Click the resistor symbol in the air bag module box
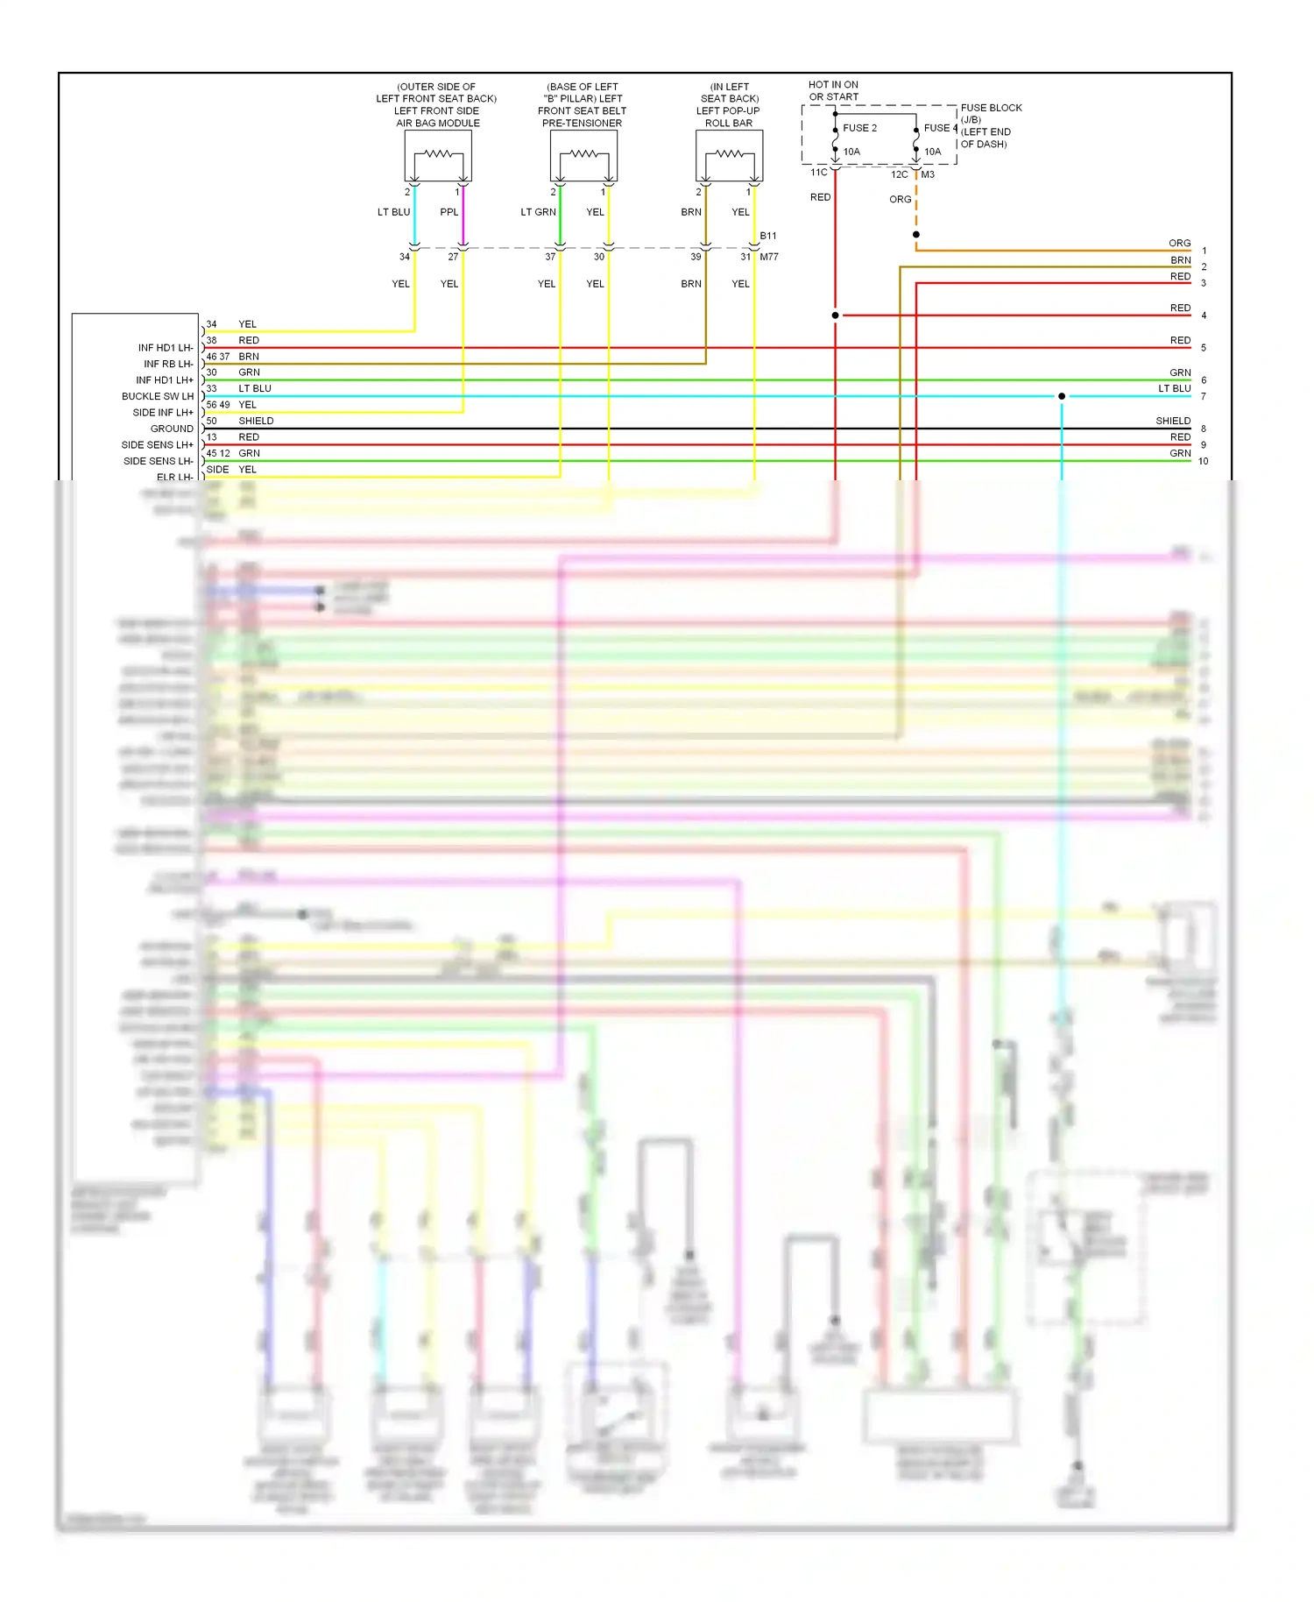click(438, 154)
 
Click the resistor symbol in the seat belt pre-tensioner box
click(583, 154)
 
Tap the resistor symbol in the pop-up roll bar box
click(729, 154)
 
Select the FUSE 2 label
click(859, 128)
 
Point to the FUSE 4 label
click(941, 128)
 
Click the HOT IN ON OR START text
click(833, 91)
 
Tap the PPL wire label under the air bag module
click(449, 212)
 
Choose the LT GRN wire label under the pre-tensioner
click(538, 212)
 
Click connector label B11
click(768, 236)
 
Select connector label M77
click(769, 257)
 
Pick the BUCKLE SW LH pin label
click(158, 396)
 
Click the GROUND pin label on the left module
click(172, 429)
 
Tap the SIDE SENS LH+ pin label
click(158, 445)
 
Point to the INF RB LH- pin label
click(168, 364)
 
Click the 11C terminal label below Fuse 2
click(818, 173)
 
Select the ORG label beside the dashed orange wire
click(901, 200)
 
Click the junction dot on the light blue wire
click(1062, 396)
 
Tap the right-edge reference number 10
click(1204, 461)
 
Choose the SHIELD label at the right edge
click(1173, 421)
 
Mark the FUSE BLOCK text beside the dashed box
click(992, 108)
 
